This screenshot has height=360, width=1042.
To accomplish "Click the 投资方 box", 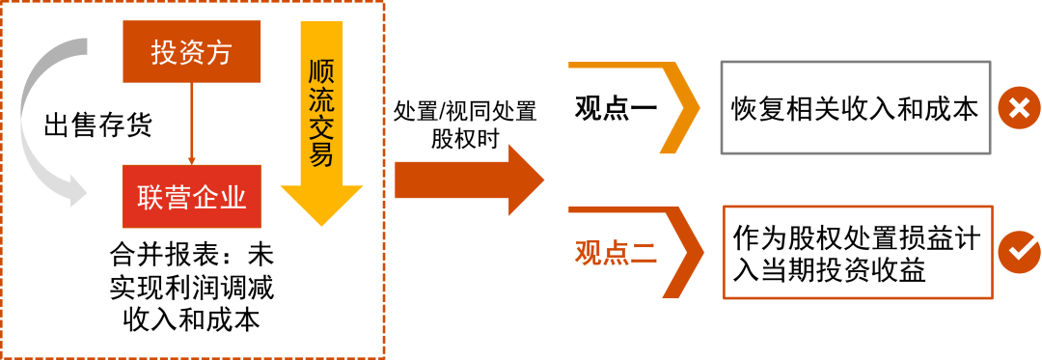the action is pos(192,53).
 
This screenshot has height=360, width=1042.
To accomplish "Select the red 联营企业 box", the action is pos(192,198).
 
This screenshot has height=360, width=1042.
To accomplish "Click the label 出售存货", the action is pos(98,125).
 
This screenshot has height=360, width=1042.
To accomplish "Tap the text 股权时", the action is pos(465,137).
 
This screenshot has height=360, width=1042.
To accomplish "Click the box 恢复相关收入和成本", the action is pos(856,108).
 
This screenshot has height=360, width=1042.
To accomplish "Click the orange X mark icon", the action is pos(1016,108).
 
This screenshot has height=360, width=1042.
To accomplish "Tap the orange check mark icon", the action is pos(1016,251).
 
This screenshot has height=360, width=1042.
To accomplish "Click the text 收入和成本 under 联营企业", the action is pos(192,319).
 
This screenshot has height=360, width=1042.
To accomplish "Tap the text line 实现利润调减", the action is pos(192,288).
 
